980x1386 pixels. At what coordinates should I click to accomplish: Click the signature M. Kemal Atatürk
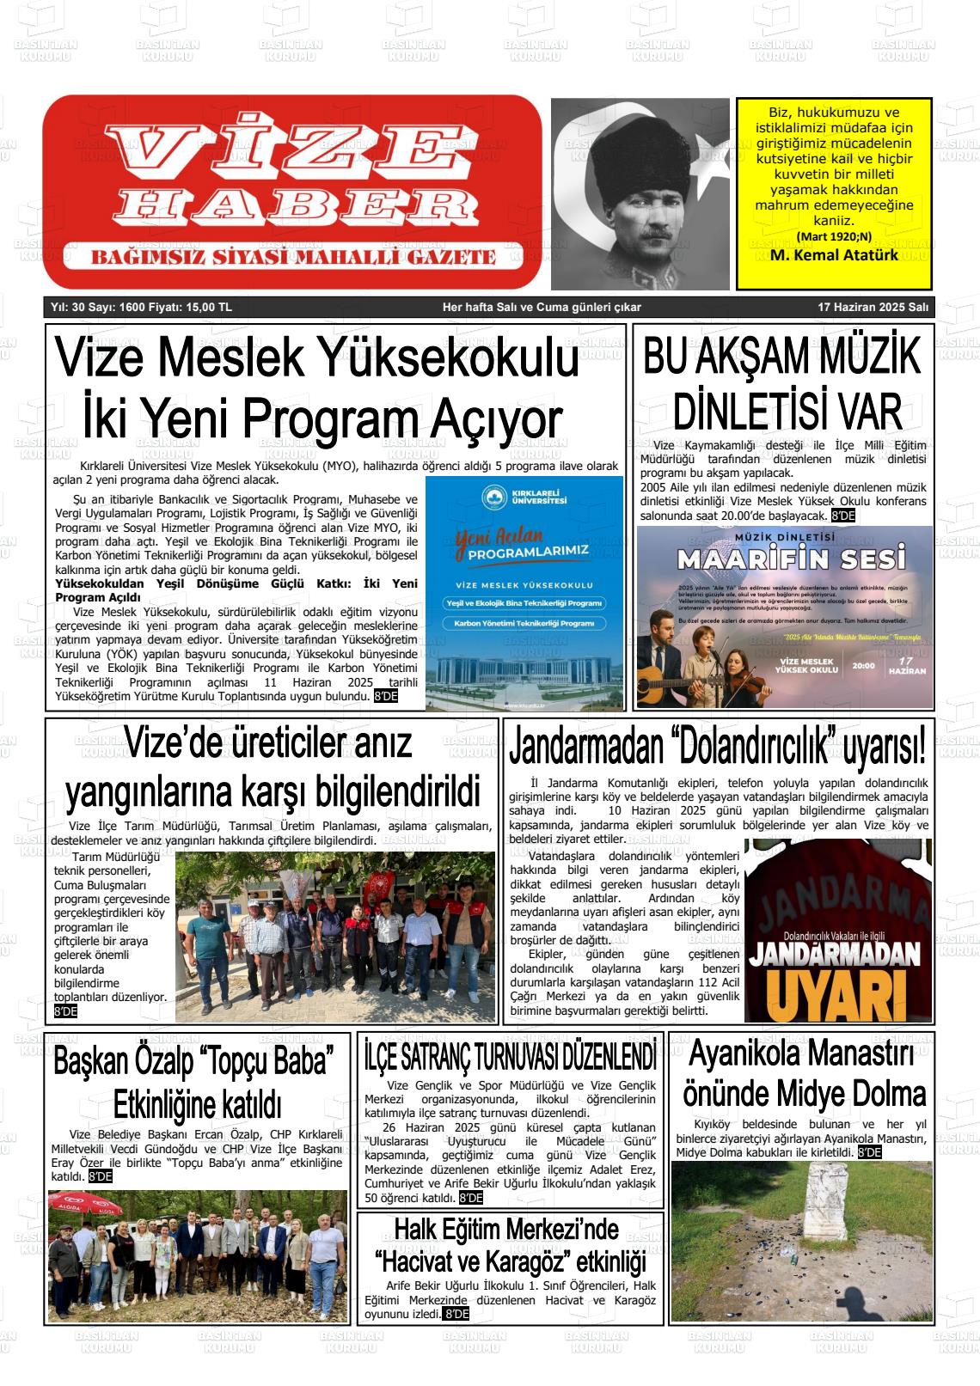tap(834, 255)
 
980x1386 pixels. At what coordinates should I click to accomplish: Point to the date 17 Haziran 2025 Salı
tap(873, 308)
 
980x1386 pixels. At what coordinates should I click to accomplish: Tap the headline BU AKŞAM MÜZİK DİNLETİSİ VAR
tap(782, 382)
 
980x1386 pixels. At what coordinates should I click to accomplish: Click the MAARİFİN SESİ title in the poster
tap(791, 559)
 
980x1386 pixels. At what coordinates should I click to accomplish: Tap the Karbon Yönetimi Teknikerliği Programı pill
tap(524, 623)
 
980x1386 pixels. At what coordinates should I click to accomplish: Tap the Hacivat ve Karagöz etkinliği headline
tap(510, 1245)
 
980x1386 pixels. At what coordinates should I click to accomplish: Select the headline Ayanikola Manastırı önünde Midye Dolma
tap(804, 1073)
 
